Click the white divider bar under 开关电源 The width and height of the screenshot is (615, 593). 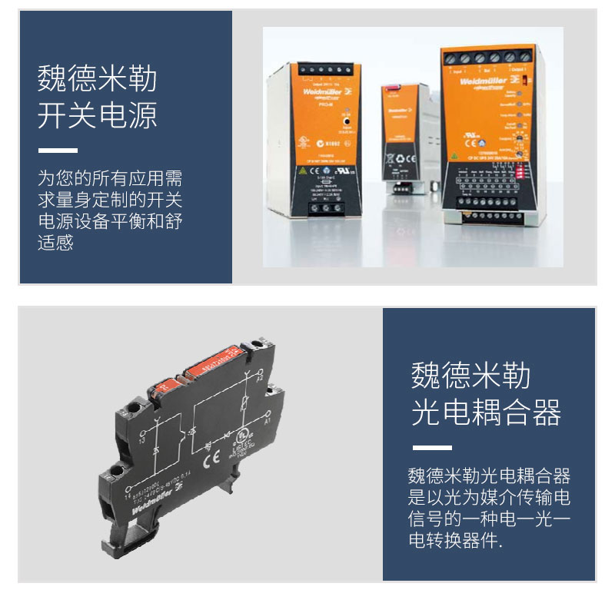point(58,151)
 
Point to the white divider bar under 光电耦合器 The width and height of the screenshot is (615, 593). point(432,448)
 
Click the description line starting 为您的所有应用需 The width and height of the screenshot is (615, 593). point(110,180)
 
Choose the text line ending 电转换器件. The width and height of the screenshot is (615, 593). point(455,541)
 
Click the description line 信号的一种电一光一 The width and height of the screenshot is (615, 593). point(489,519)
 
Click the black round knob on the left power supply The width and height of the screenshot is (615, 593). point(348,121)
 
